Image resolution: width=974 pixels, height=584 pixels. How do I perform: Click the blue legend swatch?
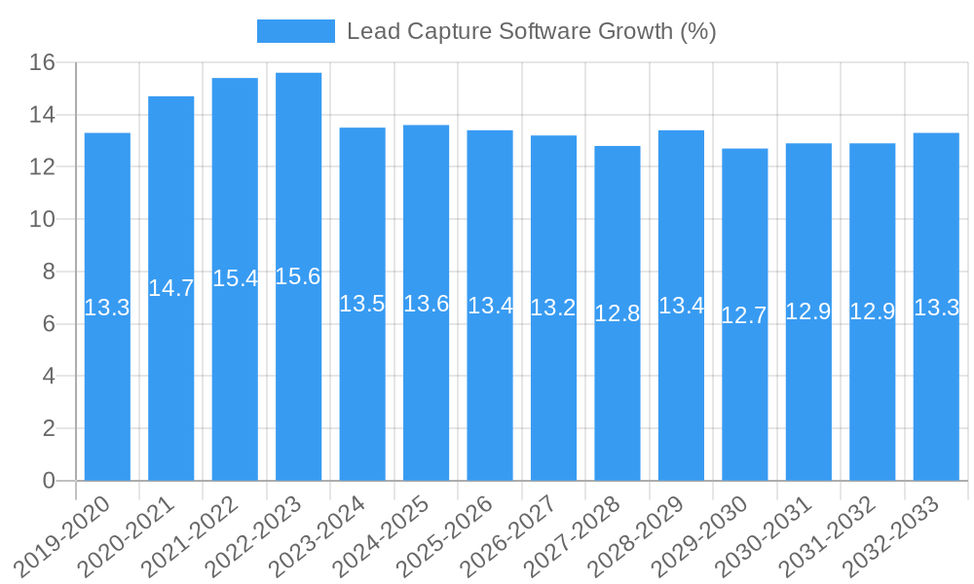click(x=295, y=31)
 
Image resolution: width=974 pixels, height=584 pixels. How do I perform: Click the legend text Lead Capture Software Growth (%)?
click(x=531, y=31)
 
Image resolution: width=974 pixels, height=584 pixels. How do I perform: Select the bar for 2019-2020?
click(x=107, y=389)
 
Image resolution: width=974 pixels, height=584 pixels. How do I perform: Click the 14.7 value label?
click(x=170, y=288)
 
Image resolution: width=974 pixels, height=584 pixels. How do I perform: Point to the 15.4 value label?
click(x=235, y=278)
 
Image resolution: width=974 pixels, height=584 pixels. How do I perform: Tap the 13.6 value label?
click(x=426, y=304)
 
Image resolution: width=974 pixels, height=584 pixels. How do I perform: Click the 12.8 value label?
click(x=618, y=313)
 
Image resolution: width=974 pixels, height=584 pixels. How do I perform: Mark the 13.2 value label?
click(x=553, y=309)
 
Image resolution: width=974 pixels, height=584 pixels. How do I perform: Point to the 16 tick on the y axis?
click(x=42, y=63)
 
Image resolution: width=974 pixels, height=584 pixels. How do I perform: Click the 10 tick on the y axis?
click(x=42, y=220)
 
